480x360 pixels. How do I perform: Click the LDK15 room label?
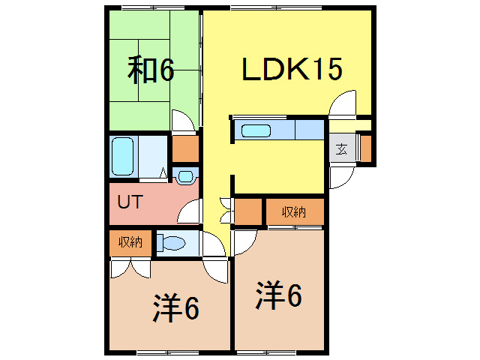click(292, 70)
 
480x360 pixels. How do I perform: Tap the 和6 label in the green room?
click(151, 70)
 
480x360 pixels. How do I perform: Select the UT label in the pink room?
click(130, 202)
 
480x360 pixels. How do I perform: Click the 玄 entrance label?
click(341, 149)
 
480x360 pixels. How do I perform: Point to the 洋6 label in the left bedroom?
click(176, 307)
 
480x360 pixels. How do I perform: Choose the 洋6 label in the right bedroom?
click(279, 295)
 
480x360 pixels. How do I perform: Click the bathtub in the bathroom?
click(123, 156)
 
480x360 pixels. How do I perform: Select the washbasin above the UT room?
click(185, 177)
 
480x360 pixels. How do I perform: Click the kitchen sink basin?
click(256, 131)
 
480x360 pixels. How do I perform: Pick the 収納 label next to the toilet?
click(130, 242)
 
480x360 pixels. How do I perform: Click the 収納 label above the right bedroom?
click(294, 211)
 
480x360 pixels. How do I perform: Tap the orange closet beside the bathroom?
click(185, 148)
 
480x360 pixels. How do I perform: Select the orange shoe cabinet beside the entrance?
click(366, 148)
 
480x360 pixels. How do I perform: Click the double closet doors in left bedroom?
click(130, 268)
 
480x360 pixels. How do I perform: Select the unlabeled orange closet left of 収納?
click(248, 211)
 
